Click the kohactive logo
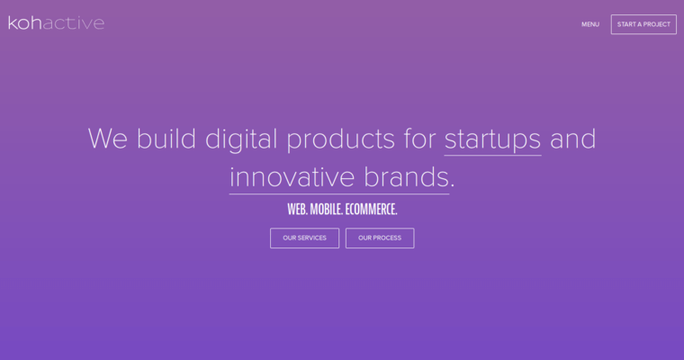coord(56,22)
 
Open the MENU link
coord(590,24)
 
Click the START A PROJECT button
coord(643,24)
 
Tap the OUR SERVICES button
coord(304,238)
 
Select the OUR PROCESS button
coord(380,238)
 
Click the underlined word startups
coord(492,139)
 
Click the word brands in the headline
coord(406,176)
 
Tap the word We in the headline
coord(108,139)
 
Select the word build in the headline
coord(166,139)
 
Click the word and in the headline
coord(572,139)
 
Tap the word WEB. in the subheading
coord(297,209)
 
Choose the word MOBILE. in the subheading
coord(326,209)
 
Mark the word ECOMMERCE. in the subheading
coord(371,209)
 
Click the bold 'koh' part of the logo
coord(26,22)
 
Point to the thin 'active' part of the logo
coord(75,22)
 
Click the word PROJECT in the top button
coord(656,24)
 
